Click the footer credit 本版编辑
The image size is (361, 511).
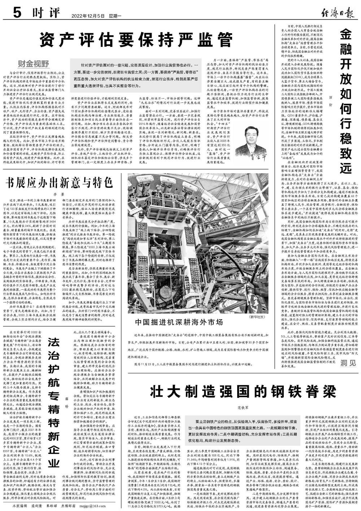click(20, 506)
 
